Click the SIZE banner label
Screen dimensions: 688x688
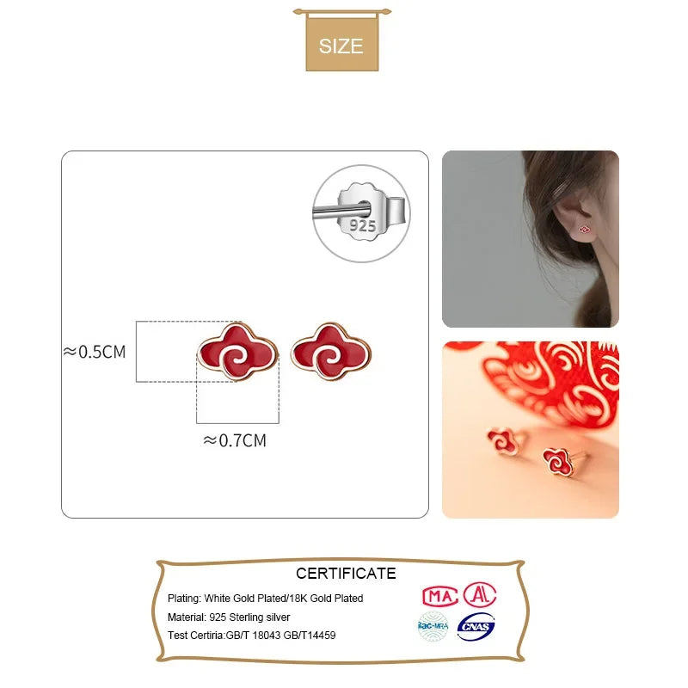[x=341, y=46]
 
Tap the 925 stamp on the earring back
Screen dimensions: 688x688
[x=362, y=225]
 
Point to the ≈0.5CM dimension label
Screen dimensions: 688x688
[x=95, y=351]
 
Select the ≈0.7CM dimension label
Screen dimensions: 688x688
[x=235, y=440]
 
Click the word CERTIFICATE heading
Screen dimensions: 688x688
[x=346, y=573]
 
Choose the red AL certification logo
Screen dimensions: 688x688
[x=479, y=593]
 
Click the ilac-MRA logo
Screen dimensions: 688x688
[x=433, y=627]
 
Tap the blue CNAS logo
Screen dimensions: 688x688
[x=476, y=627]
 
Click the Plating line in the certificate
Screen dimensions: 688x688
[x=266, y=598]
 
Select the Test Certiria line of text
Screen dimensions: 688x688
[x=252, y=636]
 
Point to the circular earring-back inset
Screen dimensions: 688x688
[x=361, y=213]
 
